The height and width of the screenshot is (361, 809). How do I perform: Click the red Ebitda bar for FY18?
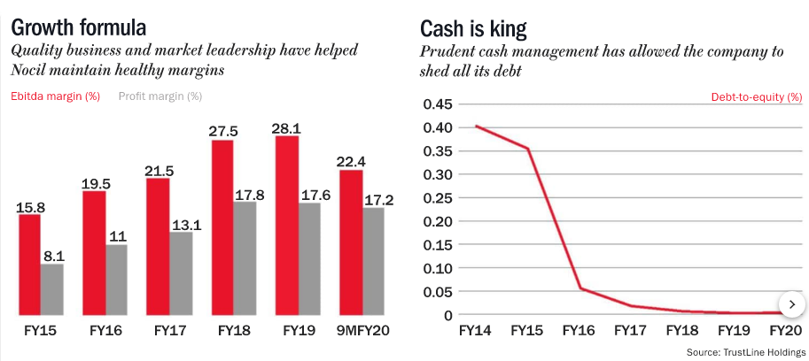pos(222,227)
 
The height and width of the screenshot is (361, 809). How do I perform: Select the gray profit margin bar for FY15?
pos(52,289)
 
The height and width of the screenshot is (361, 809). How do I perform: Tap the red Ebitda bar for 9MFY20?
pos(351,242)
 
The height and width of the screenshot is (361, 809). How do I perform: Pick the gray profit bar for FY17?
pos(181,273)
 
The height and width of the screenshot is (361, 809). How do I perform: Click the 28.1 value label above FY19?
pos(287,126)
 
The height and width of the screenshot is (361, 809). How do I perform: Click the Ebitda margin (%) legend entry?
pos(54,96)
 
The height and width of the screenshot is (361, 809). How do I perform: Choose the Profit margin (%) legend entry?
pos(160,96)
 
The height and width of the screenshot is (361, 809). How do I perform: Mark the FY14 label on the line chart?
pos(476,332)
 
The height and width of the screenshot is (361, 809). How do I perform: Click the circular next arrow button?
pos(790,303)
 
